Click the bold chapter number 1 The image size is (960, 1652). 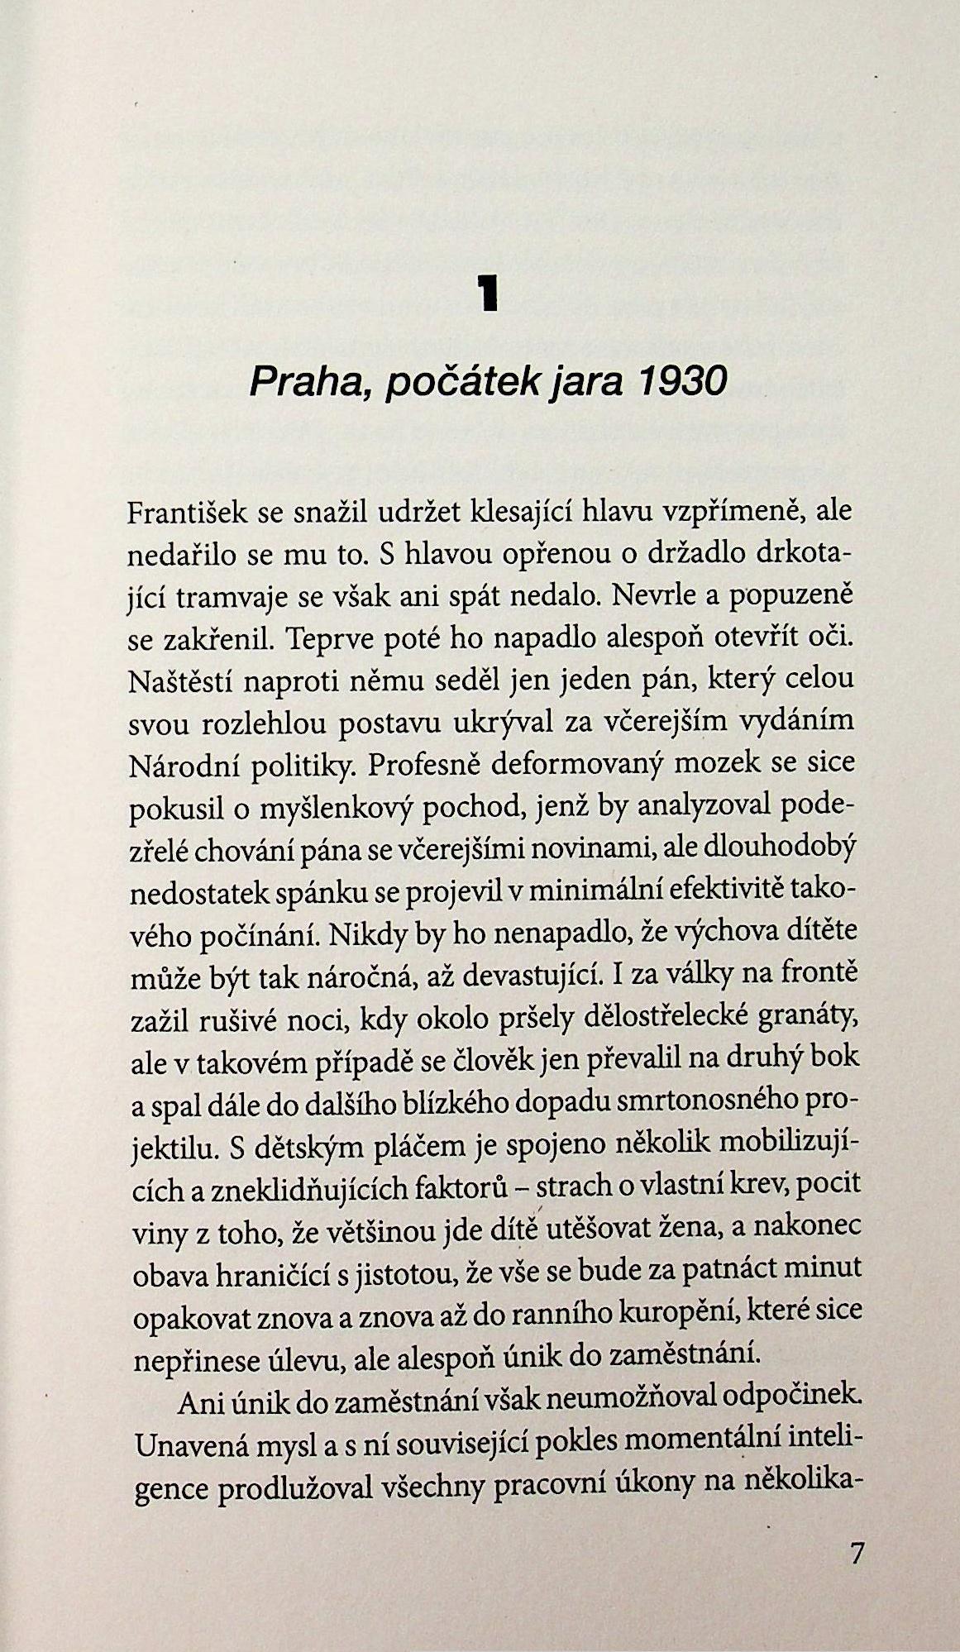tap(490, 295)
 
